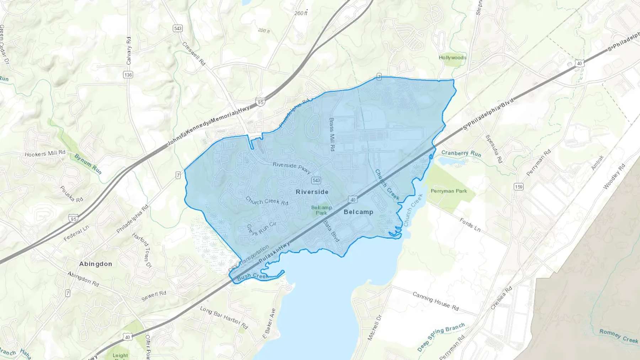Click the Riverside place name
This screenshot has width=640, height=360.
[x=312, y=192]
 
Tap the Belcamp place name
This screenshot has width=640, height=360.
[x=358, y=212]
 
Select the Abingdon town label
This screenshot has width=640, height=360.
[x=95, y=264]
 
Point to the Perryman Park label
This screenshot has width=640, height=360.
[x=449, y=191]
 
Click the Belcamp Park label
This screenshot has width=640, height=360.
[x=321, y=210]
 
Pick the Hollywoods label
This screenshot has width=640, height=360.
[x=452, y=58]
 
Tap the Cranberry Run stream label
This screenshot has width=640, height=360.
[x=461, y=154]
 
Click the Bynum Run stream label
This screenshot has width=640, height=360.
[x=88, y=164]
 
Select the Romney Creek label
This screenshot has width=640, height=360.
[x=619, y=336]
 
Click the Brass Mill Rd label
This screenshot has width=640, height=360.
[x=332, y=134]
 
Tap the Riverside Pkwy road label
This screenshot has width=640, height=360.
[x=292, y=167]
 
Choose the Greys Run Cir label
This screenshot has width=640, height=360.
[x=261, y=229]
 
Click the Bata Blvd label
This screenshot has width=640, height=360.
[x=331, y=231]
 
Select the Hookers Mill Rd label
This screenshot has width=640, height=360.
[x=45, y=154]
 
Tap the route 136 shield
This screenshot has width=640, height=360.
[x=128, y=75]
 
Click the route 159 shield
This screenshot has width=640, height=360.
[x=518, y=187]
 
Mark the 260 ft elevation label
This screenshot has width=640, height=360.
[x=301, y=14]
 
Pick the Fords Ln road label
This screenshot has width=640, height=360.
[x=470, y=225]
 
